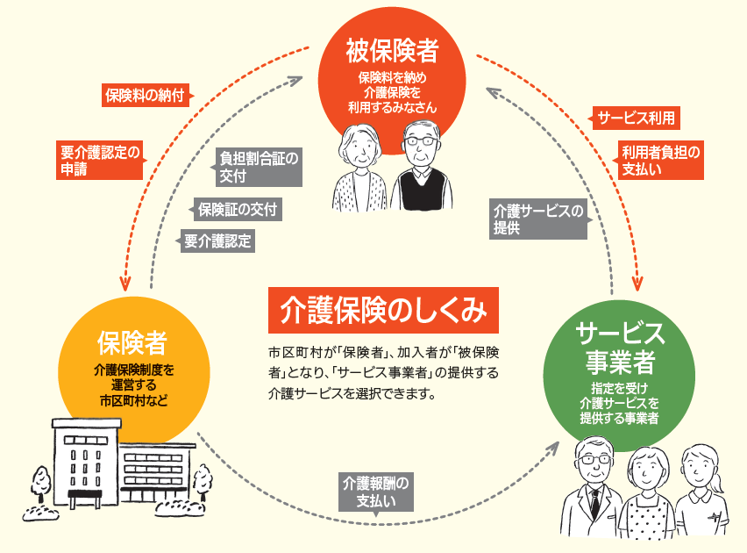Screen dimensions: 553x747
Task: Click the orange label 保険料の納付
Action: [145, 95]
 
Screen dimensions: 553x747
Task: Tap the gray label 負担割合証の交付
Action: [258, 167]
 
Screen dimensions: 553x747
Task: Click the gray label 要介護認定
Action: [217, 241]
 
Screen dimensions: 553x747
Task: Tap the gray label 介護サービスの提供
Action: [537, 219]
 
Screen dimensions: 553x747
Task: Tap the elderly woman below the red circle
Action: [361, 168]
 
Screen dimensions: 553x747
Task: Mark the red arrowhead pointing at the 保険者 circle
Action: [127, 284]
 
